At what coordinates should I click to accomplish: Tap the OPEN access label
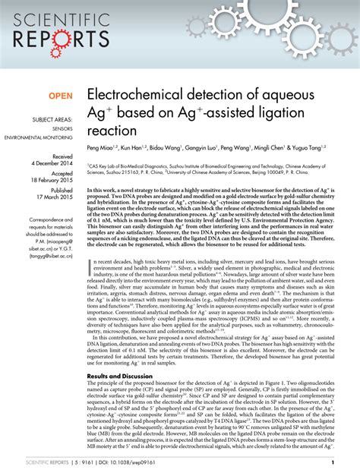tap(63, 96)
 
